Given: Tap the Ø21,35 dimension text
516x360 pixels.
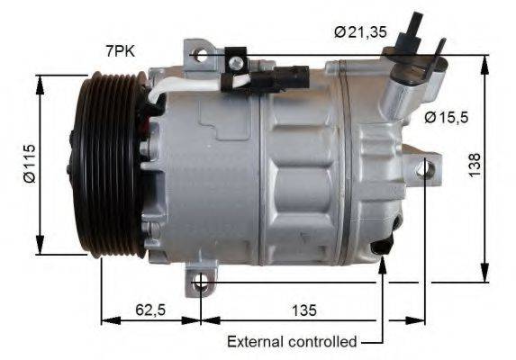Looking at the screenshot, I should (x=360, y=33).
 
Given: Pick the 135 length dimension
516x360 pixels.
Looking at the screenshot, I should (x=304, y=310).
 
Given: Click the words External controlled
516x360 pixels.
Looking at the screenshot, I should (x=292, y=342).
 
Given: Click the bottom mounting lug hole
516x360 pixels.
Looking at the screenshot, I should (x=202, y=287).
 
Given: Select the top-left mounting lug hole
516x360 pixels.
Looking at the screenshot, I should (x=201, y=55).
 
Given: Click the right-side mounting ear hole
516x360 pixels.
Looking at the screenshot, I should (x=425, y=167).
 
